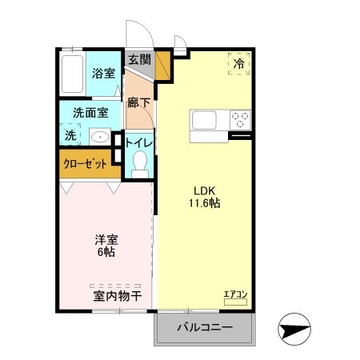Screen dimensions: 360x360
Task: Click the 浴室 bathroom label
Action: [x=103, y=74]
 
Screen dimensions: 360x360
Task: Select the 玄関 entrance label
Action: [x=139, y=59]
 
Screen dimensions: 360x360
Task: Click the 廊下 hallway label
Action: [x=139, y=102]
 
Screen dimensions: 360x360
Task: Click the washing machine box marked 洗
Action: [x=70, y=135]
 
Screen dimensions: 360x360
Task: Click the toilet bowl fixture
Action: [x=141, y=165]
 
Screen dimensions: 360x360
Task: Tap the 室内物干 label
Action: [x=117, y=296]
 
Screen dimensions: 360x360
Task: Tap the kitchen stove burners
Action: [x=239, y=119]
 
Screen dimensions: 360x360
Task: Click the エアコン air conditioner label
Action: [x=235, y=294]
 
